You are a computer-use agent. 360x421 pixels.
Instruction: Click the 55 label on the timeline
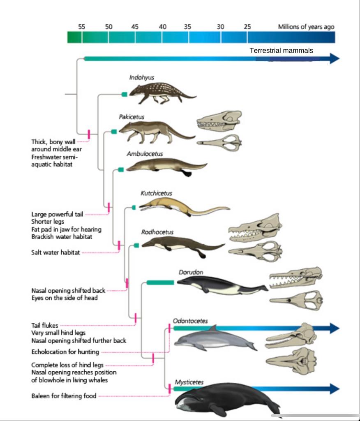point(82,26)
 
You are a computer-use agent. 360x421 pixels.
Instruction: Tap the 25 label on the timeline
point(247,26)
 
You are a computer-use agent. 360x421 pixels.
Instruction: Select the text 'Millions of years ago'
point(306,27)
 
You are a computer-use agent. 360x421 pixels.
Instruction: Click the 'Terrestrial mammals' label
point(281,51)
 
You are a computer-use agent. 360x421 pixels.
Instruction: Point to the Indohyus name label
point(142,77)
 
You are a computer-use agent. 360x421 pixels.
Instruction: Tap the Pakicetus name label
point(132,117)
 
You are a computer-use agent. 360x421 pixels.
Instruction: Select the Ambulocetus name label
point(145,154)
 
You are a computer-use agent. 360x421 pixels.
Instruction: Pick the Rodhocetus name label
point(157,232)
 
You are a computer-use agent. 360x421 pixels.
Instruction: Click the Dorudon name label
point(191,272)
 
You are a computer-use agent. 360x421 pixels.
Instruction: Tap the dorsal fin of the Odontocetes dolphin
point(212,329)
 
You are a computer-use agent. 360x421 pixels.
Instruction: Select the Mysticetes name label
point(189,382)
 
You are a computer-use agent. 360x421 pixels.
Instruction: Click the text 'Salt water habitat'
point(56,252)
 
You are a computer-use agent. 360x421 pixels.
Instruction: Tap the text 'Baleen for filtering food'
point(64,396)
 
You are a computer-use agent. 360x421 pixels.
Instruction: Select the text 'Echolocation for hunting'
point(65,352)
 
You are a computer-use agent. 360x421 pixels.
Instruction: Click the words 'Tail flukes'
point(45,326)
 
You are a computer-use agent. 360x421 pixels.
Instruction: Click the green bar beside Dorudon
point(160,282)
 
